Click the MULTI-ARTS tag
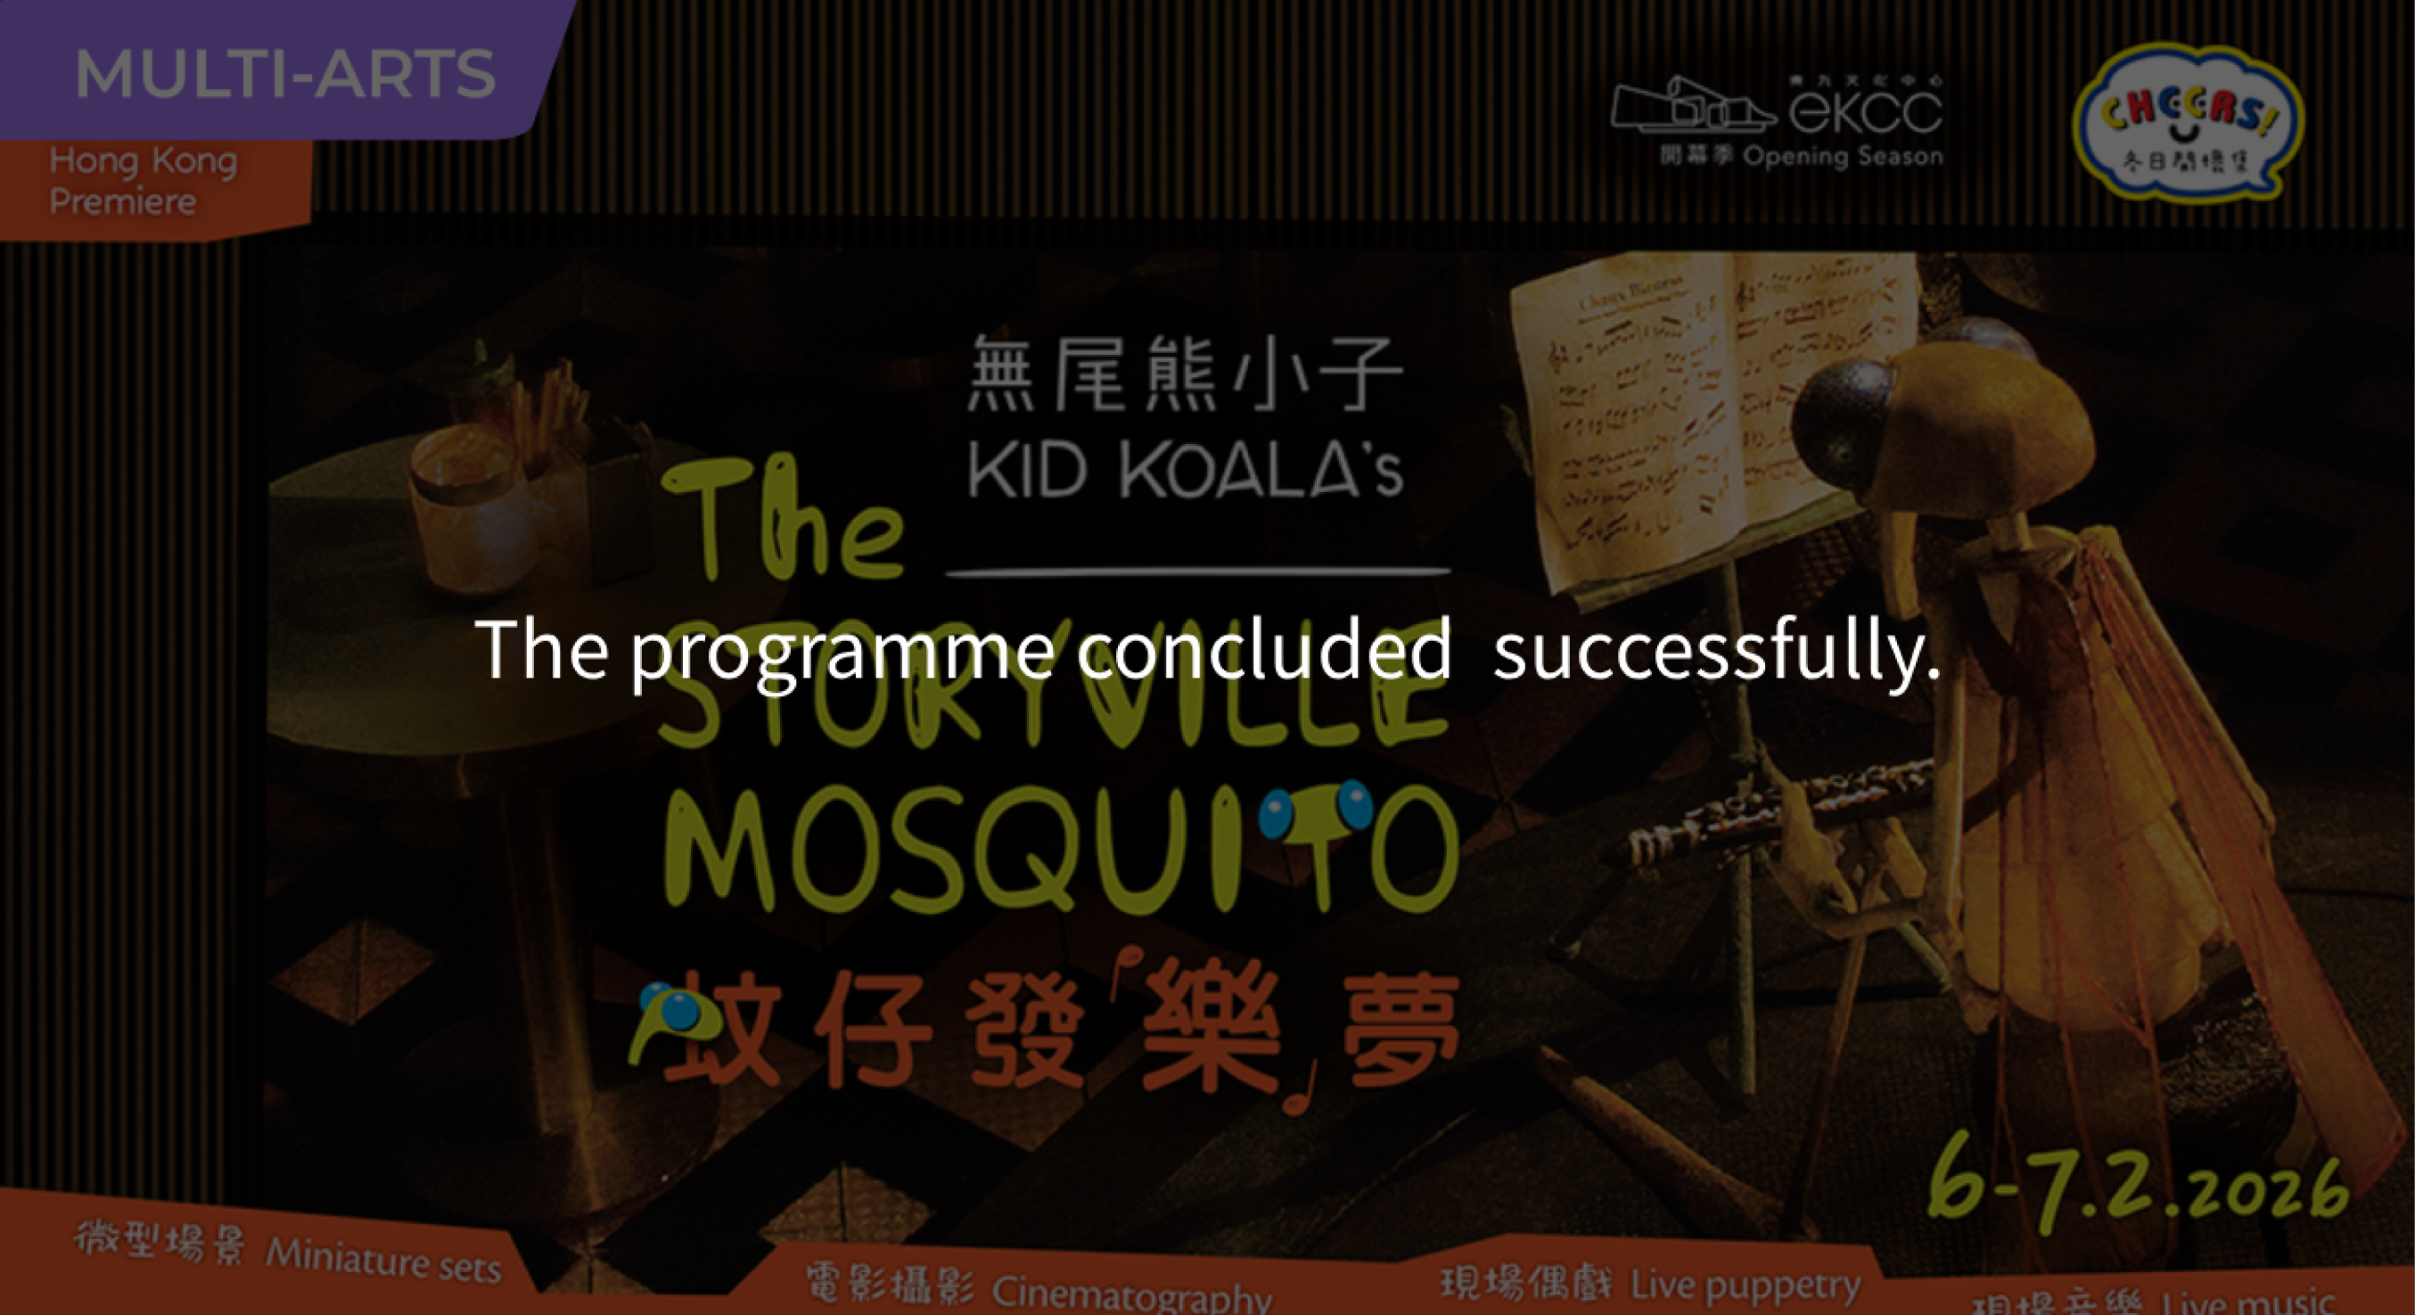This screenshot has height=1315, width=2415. (284, 73)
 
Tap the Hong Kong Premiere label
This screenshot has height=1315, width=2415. (143, 180)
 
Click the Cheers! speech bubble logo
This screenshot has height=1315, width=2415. (2187, 122)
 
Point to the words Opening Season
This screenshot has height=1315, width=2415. (1842, 156)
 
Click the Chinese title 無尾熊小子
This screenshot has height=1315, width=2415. (1184, 374)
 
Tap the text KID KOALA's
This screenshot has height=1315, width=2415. (1184, 471)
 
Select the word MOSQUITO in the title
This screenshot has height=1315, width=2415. (1059, 849)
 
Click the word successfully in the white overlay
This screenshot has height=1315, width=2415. (1715, 650)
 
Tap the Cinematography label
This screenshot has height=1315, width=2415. (1130, 1294)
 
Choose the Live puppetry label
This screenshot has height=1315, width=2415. (1744, 1284)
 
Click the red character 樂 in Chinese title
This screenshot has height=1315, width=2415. (1210, 1031)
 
